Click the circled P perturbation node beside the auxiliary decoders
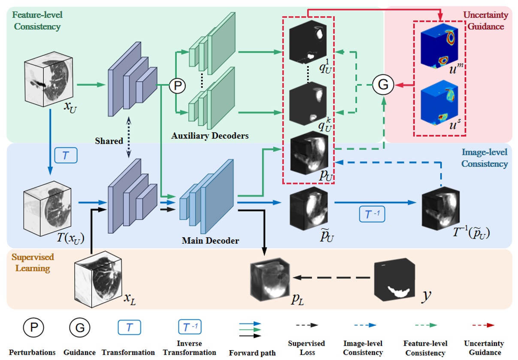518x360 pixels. click(177, 86)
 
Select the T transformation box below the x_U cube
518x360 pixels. click(65, 156)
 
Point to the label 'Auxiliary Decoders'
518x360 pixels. click(210, 136)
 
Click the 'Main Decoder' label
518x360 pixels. click(210, 240)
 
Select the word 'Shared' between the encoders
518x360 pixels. click(109, 141)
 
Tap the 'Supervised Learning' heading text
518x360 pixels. click(33, 263)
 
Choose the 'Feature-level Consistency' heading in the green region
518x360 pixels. click(37, 21)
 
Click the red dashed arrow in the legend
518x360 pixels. click(483, 326)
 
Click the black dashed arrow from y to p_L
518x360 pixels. click(331, 278)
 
